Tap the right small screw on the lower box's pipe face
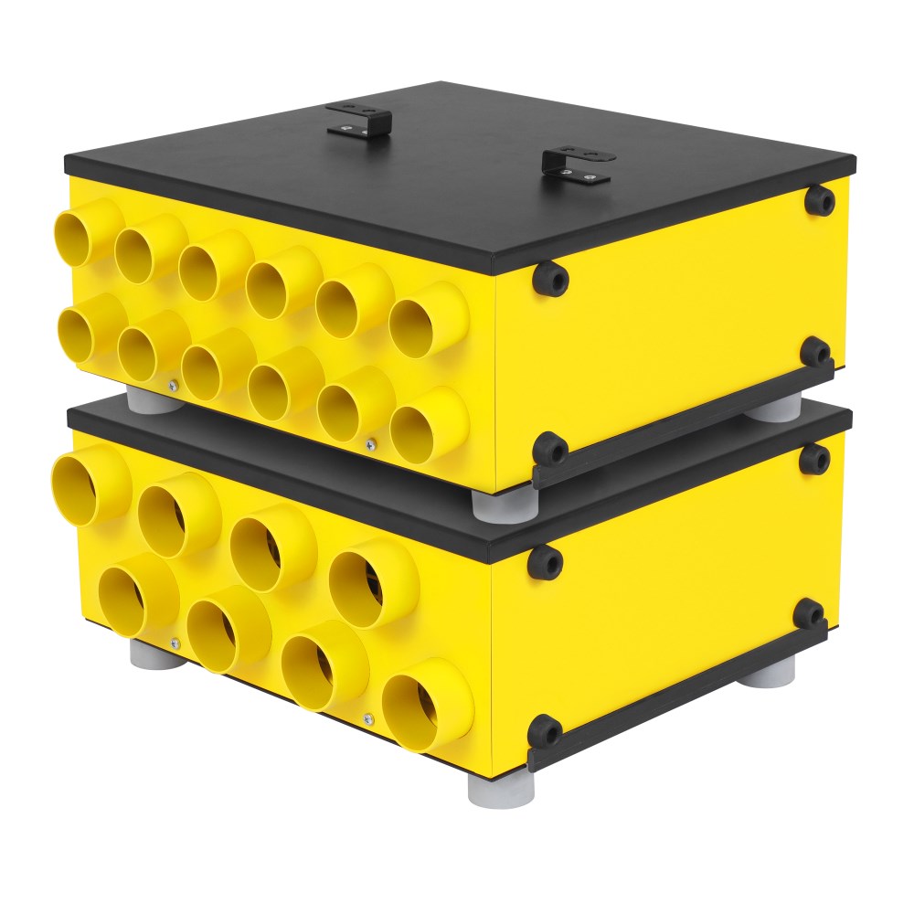[367, 717]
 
